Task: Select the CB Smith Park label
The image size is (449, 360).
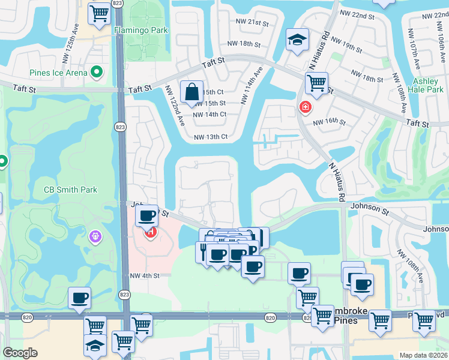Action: coord(70,190)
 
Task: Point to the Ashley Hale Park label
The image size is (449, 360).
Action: coord(428,85)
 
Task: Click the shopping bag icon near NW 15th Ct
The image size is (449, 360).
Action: coord(191,92)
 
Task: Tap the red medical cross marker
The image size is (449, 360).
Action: coord(306,107)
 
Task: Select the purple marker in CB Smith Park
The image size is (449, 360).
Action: coord(94,238)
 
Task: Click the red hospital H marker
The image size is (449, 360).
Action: coord(149,232)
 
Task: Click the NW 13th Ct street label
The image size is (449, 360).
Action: coord(211,137)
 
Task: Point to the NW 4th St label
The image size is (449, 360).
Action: coord(145,276)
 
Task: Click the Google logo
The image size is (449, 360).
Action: coord(20,353)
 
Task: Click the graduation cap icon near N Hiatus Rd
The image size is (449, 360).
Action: coord(297,39)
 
